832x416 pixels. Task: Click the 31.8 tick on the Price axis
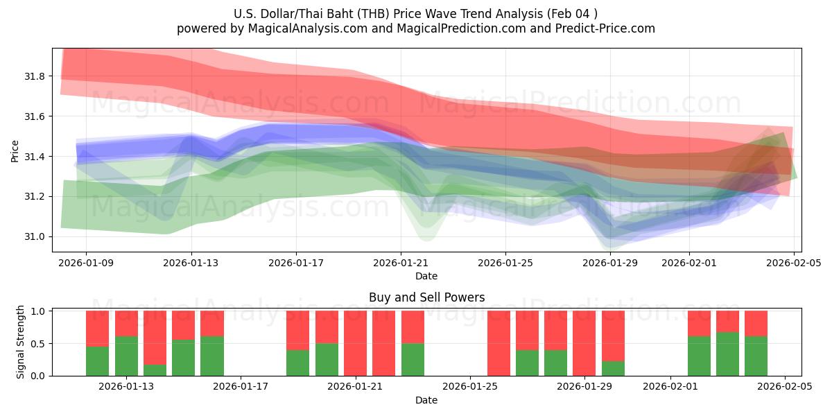(x=35, y=76)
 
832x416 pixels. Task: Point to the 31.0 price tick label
(x=35, y=236)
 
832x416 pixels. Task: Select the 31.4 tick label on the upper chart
(x=35, y=157)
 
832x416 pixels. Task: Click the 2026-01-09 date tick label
(x=86, y=262)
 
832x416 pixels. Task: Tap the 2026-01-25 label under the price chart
(x=505, y=262)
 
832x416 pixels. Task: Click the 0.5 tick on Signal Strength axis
(x=39, y=343)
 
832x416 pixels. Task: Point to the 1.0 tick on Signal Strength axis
(x=39, y=311)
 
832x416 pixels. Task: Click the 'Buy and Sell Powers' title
(x=426, y=297)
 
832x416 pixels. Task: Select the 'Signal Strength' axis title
(x=21, y=342)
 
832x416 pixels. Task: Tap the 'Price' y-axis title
(x=15, y=150)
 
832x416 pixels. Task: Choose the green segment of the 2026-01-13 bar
(x=126, y=356)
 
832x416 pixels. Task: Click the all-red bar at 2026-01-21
(x=355, y=343)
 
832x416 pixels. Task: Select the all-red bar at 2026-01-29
(x=584, y=343)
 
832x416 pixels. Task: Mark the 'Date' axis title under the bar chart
(x=426, y=400)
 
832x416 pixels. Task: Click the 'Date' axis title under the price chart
(x=426, y=276)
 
